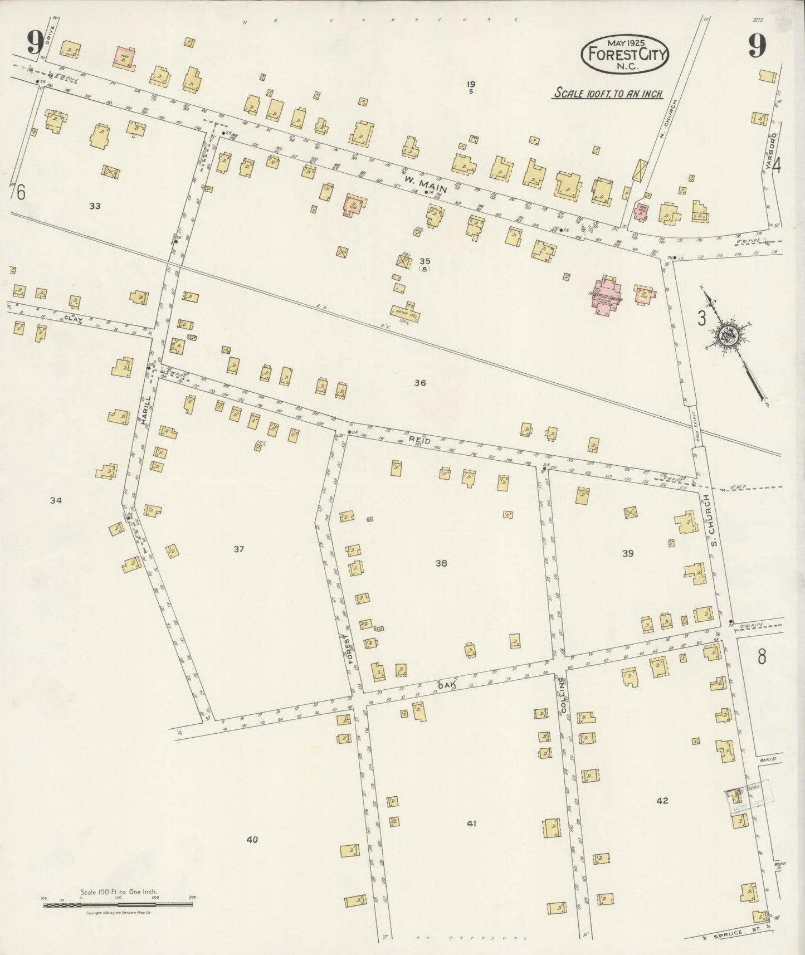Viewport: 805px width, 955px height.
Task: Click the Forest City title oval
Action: [x=625, y=54]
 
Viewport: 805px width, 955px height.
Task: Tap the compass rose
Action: [x=728, y=335]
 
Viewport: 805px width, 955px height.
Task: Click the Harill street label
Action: [x=146, y=411]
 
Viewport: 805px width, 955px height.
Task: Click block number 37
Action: [x=239, y=549]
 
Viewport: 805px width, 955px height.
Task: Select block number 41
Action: [x=472, y=823]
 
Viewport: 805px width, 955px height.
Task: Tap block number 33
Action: [x=95, y=206]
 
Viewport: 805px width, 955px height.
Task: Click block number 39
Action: [x=628, y=553]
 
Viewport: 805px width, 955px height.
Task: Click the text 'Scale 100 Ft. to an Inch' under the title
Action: [x=607, y=94]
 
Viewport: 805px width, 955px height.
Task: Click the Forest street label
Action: [x=350, y=649]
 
